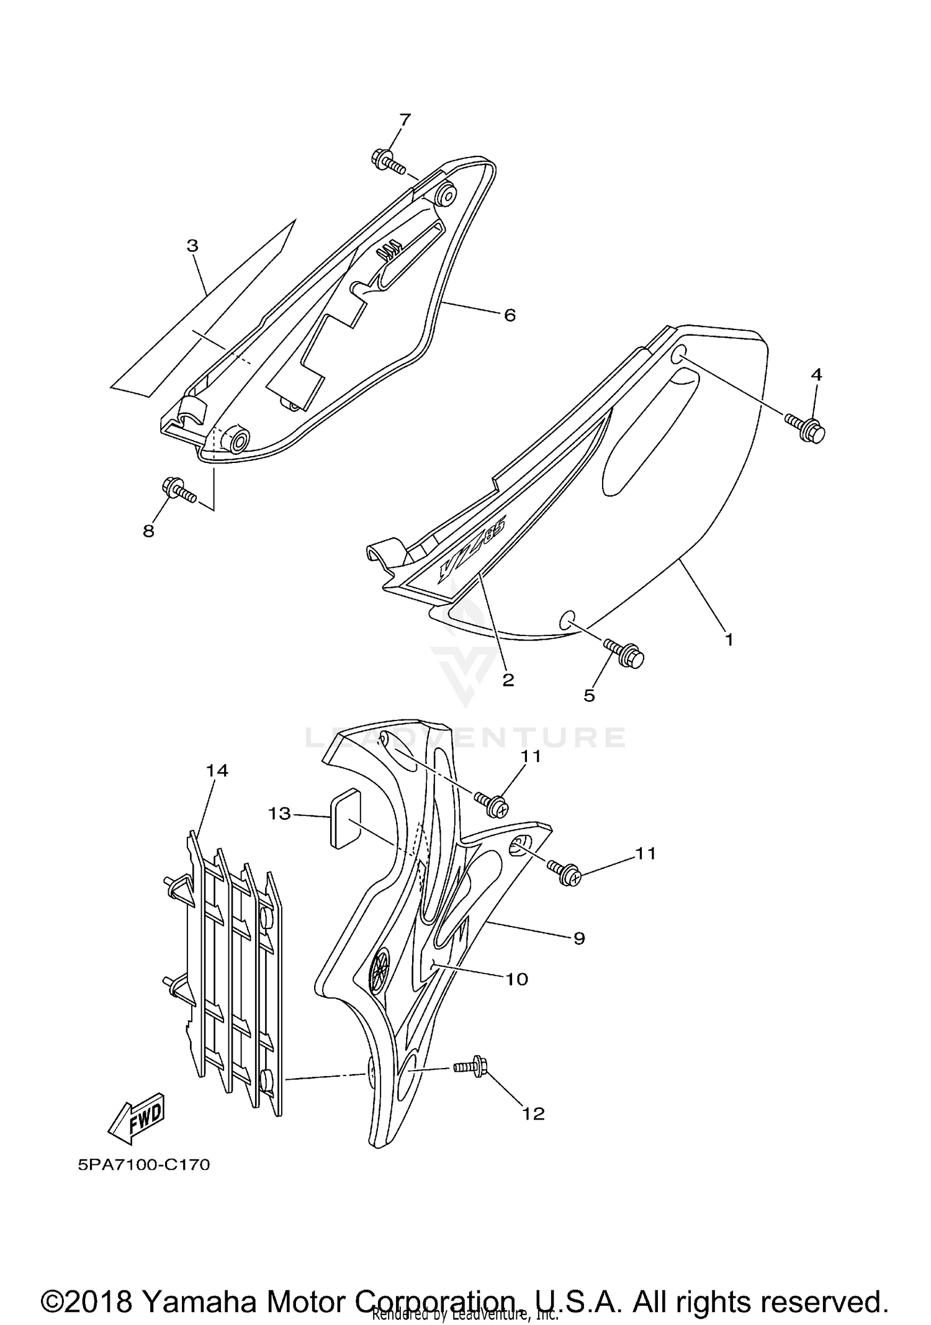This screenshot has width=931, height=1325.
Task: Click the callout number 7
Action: [x=405, y=120]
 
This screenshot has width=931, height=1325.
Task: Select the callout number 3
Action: [x=192, y=246]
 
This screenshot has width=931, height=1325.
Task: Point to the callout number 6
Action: [x=510, y=316]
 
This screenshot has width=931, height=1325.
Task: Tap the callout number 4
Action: [x=817, y=374]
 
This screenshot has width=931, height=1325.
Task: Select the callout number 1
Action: [x=729, y=639]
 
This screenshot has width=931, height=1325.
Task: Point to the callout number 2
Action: [x=508, y=680]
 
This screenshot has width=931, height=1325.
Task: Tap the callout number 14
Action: [x=217, y=771]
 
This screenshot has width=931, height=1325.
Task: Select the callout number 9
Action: [x=578, y=938]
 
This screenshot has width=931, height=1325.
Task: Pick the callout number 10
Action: [x=516, y=979]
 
